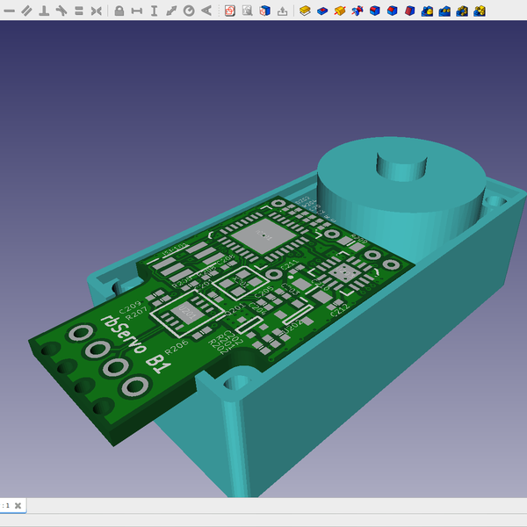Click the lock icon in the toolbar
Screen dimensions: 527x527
[x=119, y=11]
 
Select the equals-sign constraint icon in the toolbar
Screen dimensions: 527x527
[x=78, y=11]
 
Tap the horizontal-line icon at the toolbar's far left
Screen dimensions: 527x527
[x=10, y=11]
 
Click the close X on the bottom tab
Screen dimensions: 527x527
[x=18, y=506]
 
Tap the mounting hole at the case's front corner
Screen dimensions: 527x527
[x=236, y=383]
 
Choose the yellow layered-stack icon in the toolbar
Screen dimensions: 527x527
[x=305, y=11]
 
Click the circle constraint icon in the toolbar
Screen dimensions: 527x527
[x=189, y=11]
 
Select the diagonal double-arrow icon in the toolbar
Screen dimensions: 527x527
[x=171, y=11]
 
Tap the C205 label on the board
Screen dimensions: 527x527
[x=263, y=291]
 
